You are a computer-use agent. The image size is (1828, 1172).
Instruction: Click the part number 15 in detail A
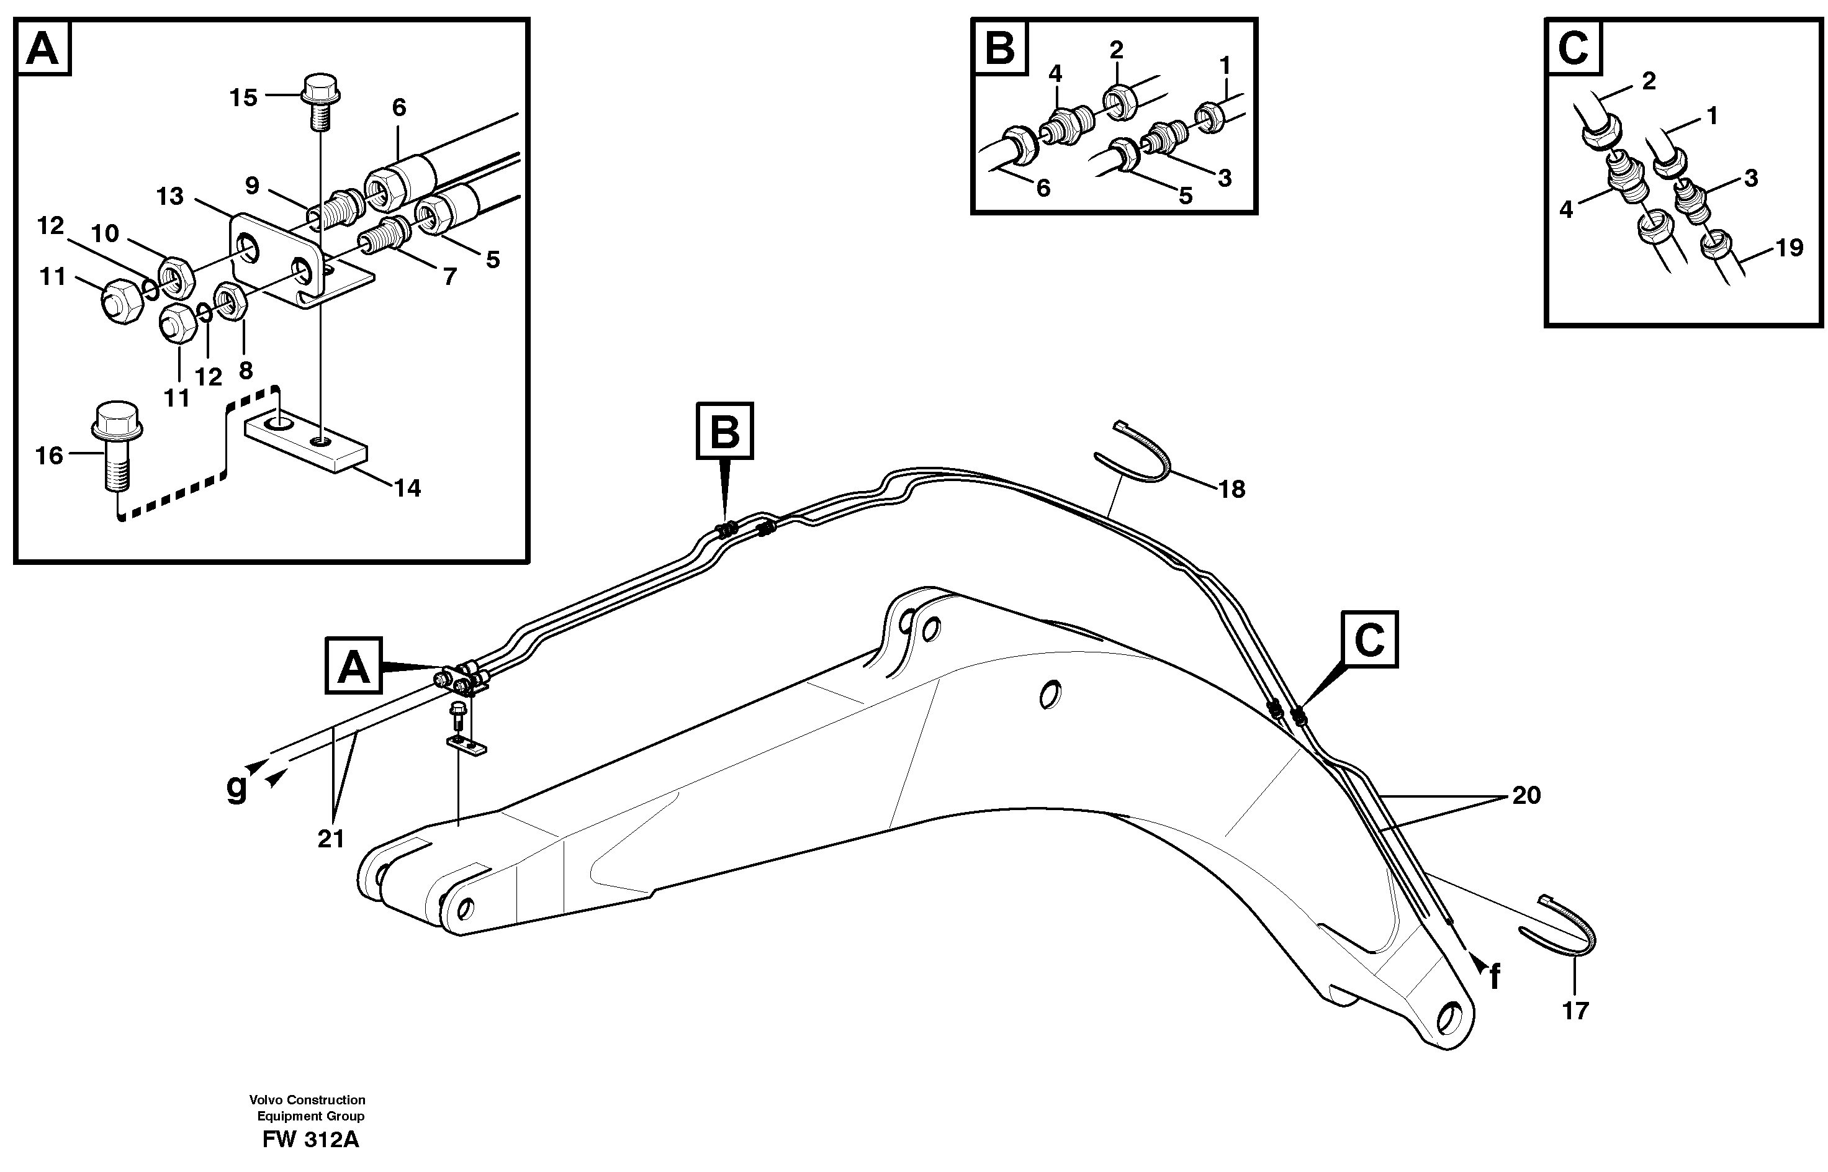[x=243, y=98]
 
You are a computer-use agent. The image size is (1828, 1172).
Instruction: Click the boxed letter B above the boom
[x=724, y=431]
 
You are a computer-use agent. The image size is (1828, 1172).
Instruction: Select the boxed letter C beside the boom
[x=1370, y=640]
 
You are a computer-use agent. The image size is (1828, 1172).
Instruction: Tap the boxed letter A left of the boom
[x=353, y=667]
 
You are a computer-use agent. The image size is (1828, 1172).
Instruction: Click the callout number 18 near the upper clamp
[x=1231, y=489]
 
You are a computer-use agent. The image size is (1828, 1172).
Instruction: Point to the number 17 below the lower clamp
[x=1575, y=1011]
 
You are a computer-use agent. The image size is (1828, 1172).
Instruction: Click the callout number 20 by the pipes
[x=1526, y=795]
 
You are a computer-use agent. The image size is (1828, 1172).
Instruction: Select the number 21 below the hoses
[x=331, y=839]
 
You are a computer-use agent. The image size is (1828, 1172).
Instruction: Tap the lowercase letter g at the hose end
[x=238, y=787]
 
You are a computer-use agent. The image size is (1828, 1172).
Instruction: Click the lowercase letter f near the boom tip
[x=1494, y=977]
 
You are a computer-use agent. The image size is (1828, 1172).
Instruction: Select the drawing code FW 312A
[x=310, y=1139]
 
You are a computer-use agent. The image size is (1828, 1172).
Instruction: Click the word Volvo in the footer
[x=266, y=1100]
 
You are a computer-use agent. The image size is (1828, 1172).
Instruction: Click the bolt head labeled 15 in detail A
[x=320, y=88]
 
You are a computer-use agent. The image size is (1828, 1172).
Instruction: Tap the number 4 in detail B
[x=1055, y=74]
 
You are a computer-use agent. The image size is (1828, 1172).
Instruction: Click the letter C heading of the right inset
[x=1573, y=48]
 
